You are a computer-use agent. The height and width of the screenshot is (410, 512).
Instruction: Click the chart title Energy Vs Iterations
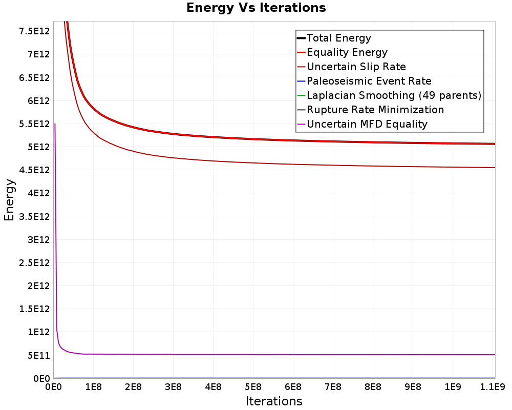coord(256,8)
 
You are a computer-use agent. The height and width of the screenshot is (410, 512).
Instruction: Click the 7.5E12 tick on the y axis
coord(34,31)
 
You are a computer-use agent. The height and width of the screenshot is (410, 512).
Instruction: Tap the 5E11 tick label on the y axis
coord(38,355)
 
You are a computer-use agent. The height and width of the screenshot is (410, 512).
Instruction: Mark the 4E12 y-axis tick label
coord(38,193)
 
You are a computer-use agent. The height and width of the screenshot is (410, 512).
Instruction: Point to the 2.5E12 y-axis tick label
coord(34,262)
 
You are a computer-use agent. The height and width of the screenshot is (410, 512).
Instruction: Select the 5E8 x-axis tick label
coord(253,387)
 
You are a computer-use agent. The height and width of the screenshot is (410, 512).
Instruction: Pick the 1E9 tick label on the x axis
coord(453,387)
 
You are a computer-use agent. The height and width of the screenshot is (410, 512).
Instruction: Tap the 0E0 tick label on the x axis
coord(54,387)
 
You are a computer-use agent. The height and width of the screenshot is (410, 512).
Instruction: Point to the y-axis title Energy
coord(9,200)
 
